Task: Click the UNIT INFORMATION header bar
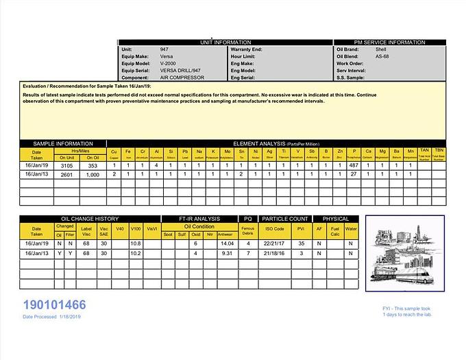pos(217,43)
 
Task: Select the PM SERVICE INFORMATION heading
pos(389,43)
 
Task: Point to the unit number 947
pos(164,50)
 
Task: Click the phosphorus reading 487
pos(354,165)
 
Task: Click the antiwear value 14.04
pos(227,243)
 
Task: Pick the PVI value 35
pos(301,243)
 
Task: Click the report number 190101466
pos(54,305)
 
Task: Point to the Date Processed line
pos(52,317)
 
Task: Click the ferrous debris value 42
pos(247,243)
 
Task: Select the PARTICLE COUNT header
pos(284,219)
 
